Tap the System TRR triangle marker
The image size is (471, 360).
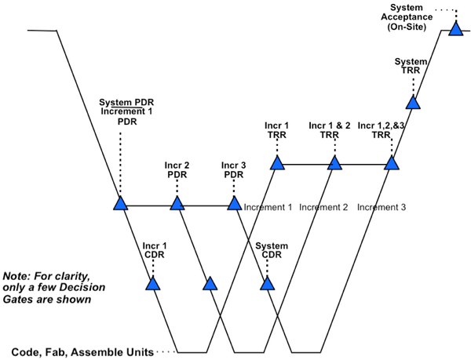tap(414, 102)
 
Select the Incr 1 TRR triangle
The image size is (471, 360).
tap(276, 163)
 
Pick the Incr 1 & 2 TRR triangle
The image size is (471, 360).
tap(334, 163)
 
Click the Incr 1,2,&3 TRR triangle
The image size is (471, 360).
tap(391, 163)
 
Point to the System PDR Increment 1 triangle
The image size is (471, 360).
tap(120, 204)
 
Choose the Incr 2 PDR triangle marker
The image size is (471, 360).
tap(177, 204)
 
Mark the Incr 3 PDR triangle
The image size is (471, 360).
tap(234, 204)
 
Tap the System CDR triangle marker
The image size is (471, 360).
tap(268, 282)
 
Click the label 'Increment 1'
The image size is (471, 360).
tap(268, 208)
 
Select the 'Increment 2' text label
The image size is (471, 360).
tap(323, 208)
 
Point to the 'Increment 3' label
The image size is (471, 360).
tap(382, 208)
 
